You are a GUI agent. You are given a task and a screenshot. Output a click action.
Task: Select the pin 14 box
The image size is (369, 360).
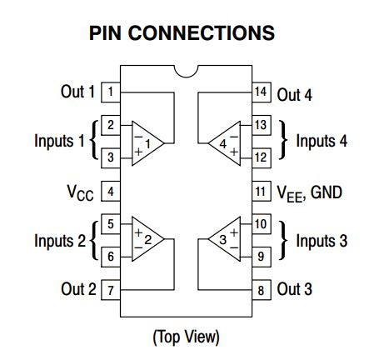262,92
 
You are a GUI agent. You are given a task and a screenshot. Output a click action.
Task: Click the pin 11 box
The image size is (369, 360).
262,192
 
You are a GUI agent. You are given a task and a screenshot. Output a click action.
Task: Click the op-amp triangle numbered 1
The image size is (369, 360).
148,142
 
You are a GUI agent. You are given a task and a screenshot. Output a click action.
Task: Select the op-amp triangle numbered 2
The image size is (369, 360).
148,240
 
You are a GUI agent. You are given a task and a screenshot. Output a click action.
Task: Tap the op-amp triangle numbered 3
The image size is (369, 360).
222,240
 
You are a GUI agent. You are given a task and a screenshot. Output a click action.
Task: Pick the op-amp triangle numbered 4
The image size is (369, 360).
222,142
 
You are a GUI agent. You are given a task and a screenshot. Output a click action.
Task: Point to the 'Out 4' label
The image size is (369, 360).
294,94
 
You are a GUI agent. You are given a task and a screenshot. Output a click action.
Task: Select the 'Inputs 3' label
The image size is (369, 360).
322,241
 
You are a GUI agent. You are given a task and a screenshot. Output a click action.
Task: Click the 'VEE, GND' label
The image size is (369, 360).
308,192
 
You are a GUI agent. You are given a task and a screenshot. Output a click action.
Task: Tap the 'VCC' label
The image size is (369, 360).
80,192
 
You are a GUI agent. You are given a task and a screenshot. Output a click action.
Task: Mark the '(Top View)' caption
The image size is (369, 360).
186,337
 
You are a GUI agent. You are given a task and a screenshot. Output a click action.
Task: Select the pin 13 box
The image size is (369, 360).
262,125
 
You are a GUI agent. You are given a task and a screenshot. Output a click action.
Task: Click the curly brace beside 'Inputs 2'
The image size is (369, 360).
92,241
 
